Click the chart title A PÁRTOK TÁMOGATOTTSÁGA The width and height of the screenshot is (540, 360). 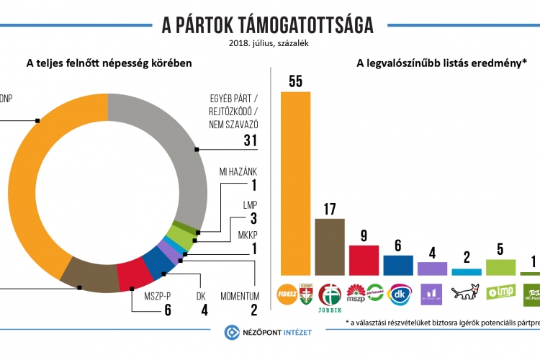(x=268, y=25)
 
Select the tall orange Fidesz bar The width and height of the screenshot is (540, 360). (x=296, y=183)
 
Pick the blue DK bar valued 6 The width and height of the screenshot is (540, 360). (x=397, y=265)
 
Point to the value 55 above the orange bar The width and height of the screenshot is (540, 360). (x=296, y=81)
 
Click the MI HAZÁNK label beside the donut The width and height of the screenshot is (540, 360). (x=238, y=171)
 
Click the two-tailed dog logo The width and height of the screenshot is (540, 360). (x=466, y=292)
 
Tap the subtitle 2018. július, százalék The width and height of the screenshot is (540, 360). (x=268, y=43)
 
